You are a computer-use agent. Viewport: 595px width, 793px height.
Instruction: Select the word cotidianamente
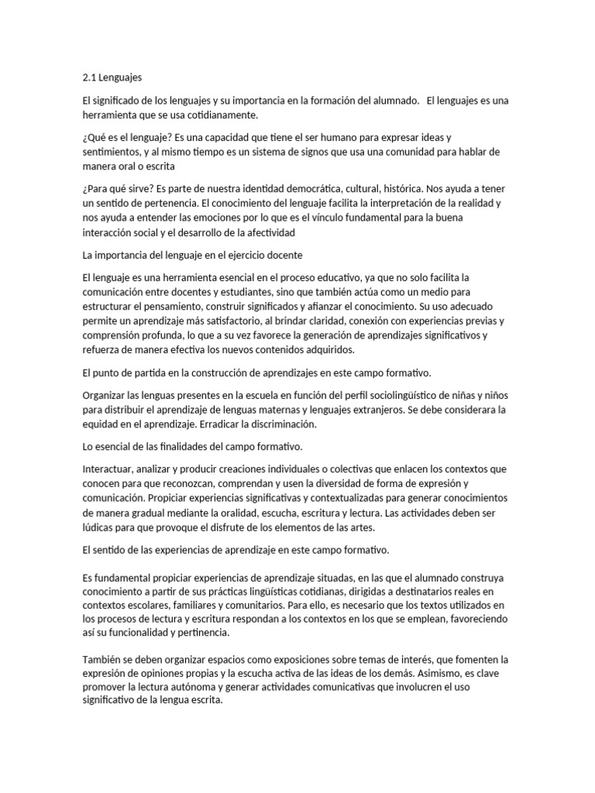pyautogui.click(x=221, y=115)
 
